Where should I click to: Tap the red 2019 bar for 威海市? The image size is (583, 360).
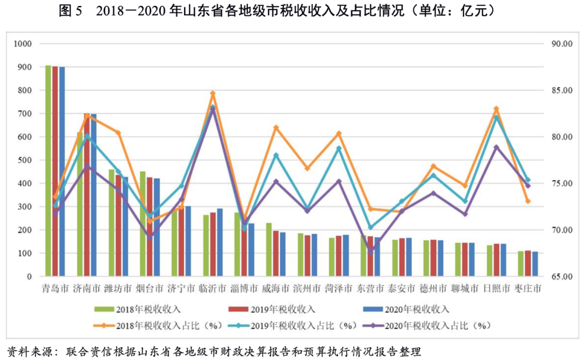click(x=276, y=254)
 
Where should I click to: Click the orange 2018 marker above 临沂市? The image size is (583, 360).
click(x=213, y=93)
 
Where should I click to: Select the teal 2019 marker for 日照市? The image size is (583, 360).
click(x=497, y=117)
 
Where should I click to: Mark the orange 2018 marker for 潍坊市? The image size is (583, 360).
click(x=118, y=133)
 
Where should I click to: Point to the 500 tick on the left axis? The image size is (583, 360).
click(x=25, y=160)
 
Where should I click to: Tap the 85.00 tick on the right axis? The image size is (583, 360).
click(x=559, y=90)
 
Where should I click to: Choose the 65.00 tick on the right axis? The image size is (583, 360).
click(x=559, y=277)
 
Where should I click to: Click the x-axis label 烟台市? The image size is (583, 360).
click(x=149, y=289)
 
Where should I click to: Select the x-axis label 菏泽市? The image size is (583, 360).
click(x=338, y=289)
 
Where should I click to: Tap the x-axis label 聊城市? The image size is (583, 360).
click(x=465, y=289)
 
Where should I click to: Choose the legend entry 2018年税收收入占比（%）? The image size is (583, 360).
click(x=162, y=325)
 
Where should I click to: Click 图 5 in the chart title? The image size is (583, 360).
click(x=70, y=11)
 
